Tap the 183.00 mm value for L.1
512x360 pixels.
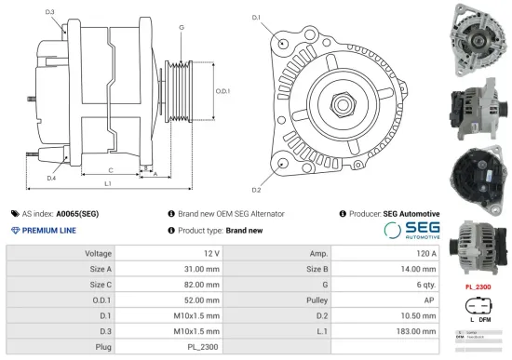pos(417,331)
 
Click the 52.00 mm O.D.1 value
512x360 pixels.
pos(200,300)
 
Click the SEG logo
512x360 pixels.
pos(411,230)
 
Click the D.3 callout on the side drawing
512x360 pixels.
pos(49,13)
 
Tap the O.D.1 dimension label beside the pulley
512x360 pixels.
pos(223,91)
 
